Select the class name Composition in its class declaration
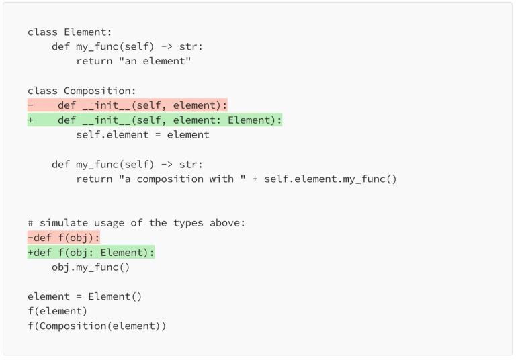click(100, 91)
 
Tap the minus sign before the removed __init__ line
click(30, 105)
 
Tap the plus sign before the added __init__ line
click(30, 120)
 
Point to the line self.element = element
click(142, 135)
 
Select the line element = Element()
click(85, 297)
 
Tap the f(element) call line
click(58, 312)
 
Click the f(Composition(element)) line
click(97, 326)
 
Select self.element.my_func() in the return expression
click(331, 179)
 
